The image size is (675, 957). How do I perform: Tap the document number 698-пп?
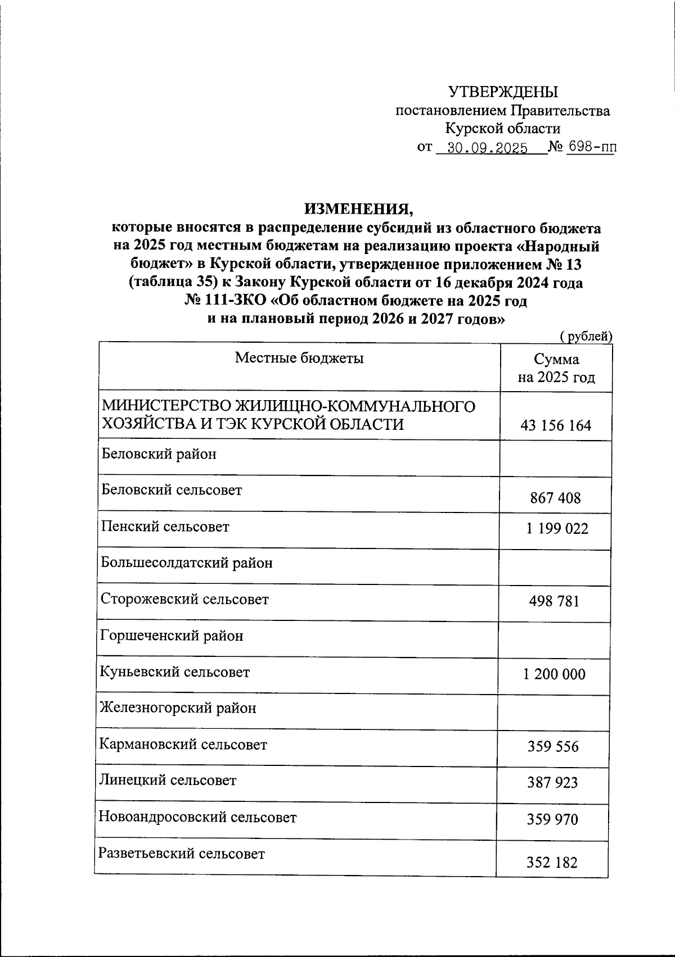pos(591,148)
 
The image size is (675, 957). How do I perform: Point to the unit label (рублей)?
pos(586,336)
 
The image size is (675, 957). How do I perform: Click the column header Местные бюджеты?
pos(299,358)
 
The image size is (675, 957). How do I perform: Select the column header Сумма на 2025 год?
pos(556,368)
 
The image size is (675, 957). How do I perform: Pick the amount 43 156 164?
pos(556,425)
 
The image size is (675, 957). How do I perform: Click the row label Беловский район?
pos(159,454)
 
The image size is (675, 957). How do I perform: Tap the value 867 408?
pos(555,498)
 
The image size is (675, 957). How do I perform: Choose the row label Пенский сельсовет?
pos(165,527)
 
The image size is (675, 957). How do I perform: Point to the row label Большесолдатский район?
pos(187,563)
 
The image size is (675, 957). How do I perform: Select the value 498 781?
pos(554,601)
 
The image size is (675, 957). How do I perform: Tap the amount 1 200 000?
pos(555,674)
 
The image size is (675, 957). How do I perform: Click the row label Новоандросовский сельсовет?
pos(197,817)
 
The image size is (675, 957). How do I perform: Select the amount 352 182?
pos(552,862)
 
